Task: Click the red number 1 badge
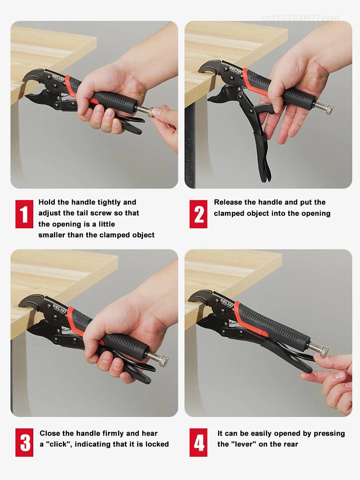[x=24, y=214]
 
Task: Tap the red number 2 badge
[x=198, y=214]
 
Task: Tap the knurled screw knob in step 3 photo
[x=163, y=361]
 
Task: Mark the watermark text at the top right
[x=300, y=18]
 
